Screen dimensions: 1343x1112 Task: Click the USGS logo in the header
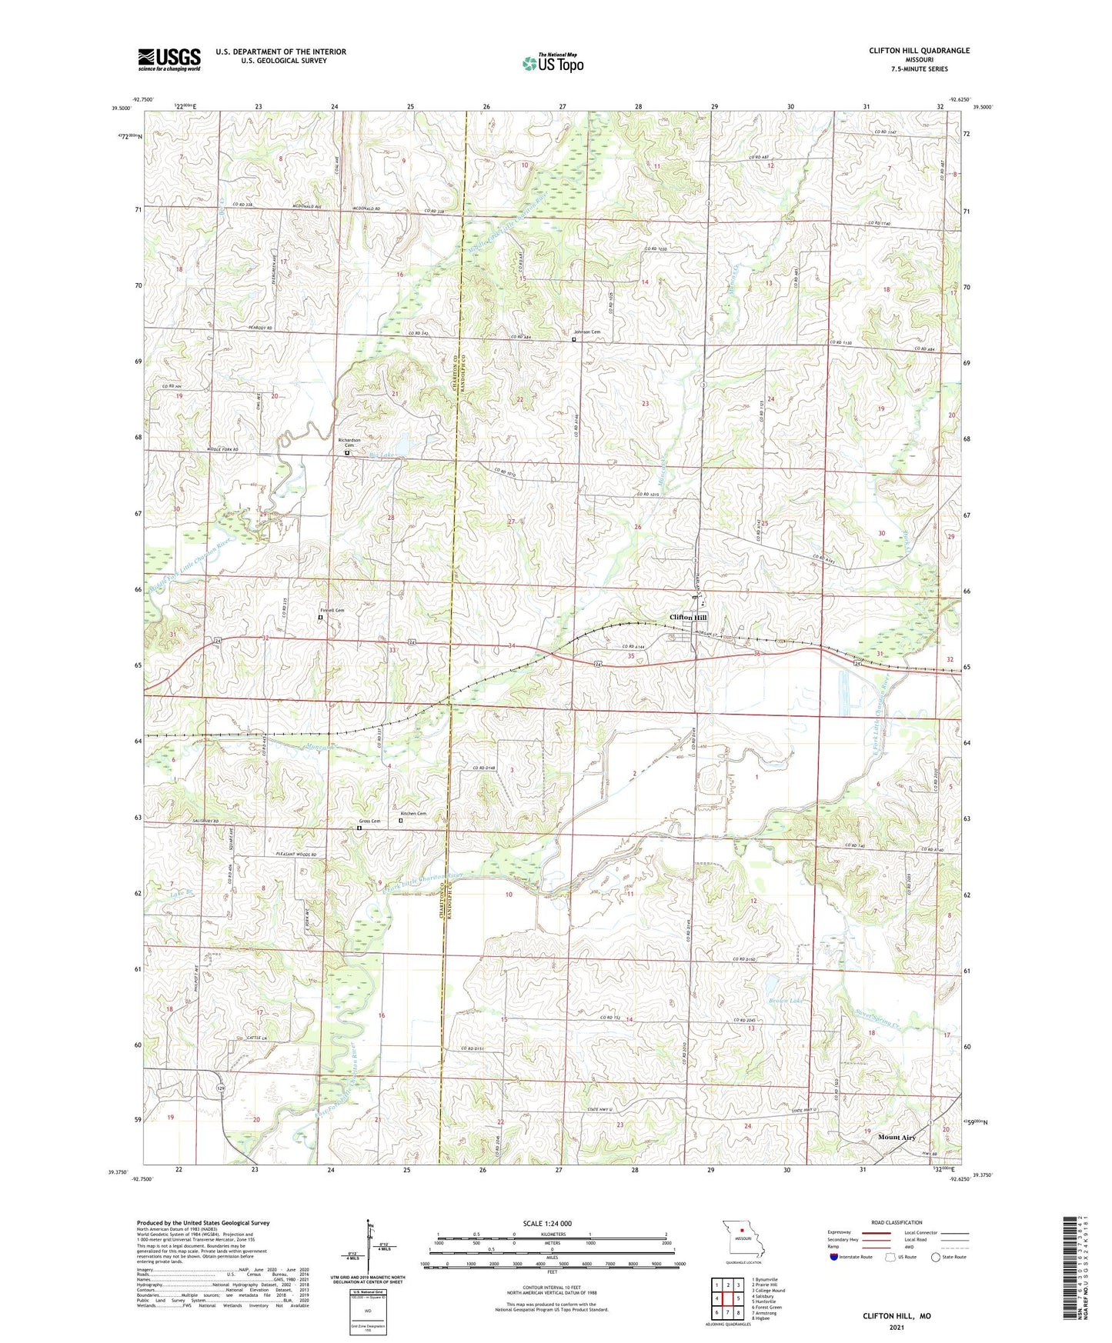[169, 59]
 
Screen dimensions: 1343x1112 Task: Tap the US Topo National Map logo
[553, 62]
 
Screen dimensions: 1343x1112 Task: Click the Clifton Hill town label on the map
[687, 618]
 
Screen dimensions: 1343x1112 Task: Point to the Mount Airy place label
[897, 1137]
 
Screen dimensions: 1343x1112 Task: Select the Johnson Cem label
[586, 332]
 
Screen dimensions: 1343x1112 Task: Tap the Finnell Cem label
[332, 610]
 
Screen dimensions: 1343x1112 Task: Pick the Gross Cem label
[369, 821]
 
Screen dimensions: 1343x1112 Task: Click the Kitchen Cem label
[413, 814]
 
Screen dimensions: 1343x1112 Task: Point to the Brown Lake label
[784, 1001]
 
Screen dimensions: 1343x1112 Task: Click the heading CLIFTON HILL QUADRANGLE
[919, 51]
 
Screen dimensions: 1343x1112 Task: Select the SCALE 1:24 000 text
[547, 1224]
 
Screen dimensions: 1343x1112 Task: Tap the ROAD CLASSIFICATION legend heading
[896, 1222]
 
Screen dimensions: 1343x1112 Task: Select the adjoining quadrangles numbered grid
[728, 1299]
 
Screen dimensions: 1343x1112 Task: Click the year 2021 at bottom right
[896, 1327]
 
